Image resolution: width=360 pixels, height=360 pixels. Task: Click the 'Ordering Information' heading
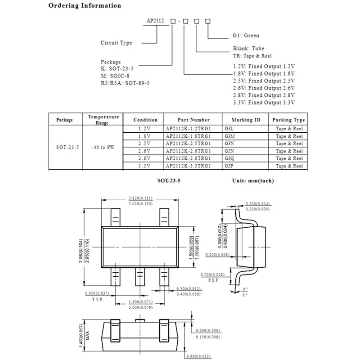pos(85,6)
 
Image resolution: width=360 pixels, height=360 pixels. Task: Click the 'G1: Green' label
pos(245,36)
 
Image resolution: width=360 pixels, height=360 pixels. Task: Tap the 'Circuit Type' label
pos(116,43)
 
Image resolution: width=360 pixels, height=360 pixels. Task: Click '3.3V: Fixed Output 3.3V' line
pos(264,103)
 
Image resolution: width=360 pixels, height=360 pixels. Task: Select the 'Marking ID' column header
pos(245,120)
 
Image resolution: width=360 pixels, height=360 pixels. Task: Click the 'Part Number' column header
pos(193,120)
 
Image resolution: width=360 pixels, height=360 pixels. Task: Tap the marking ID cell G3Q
pos(229,158)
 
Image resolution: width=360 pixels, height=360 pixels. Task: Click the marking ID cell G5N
pos(229,151)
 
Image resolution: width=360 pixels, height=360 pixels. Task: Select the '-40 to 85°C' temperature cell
pos(103,147)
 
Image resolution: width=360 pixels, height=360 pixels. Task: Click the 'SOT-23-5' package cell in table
pos(64,147)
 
